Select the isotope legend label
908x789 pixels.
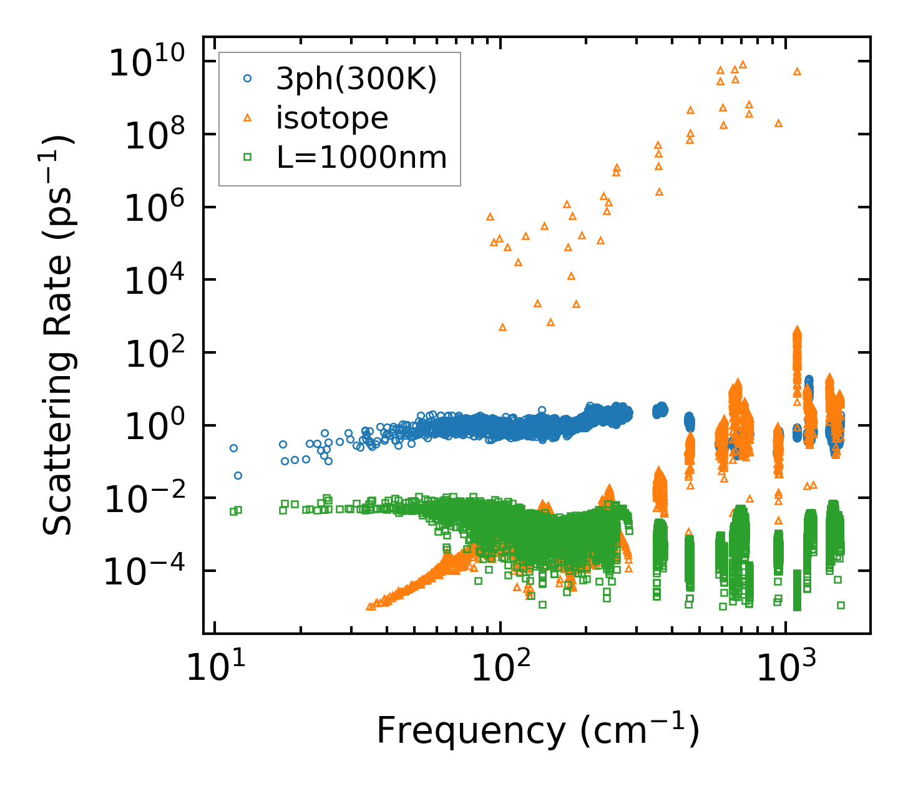[332, 118]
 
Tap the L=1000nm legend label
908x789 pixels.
[362, 158]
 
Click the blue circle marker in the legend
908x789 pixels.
[248, 79]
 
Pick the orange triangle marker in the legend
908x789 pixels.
[248, 118]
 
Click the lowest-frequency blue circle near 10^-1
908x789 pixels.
[238, 475]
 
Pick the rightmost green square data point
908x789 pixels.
[841, 605]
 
